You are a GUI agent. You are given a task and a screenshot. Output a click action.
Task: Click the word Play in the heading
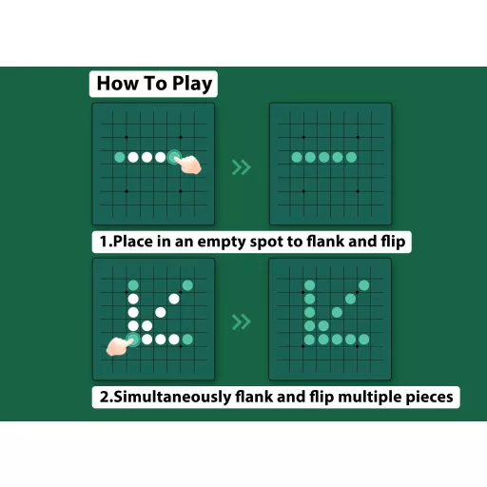[x=192, y=85]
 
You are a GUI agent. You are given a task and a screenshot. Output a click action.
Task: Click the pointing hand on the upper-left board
[x=188, y=165]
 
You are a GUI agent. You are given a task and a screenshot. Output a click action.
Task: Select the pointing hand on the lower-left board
[x=118, y=346]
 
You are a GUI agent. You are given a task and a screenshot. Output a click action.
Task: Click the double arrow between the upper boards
[x=242, y=167]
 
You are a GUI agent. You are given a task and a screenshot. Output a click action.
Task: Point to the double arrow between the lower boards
[x=242, y=322]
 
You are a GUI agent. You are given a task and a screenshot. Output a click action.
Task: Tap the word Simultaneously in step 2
[x=172, y=398]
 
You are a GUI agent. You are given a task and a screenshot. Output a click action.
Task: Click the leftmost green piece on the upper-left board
[x=120, y=157]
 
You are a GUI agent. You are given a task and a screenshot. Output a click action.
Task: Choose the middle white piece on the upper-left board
[x=146, y=157]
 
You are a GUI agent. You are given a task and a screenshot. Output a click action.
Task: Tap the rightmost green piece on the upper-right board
[x=351, y=157]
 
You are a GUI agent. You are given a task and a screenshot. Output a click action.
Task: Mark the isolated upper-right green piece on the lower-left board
[x=187, y=285]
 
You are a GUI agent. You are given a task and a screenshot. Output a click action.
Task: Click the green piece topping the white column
[x=133, y=285]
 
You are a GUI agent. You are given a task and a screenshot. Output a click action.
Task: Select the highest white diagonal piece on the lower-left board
[x=174, y=299]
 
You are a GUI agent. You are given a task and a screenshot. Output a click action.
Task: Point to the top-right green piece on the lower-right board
[x=364, y=285]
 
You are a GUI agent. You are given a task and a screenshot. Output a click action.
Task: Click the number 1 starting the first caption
[x=104, y=242]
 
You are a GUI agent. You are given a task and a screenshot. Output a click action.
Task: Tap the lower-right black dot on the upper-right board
[x=358, y=191]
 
